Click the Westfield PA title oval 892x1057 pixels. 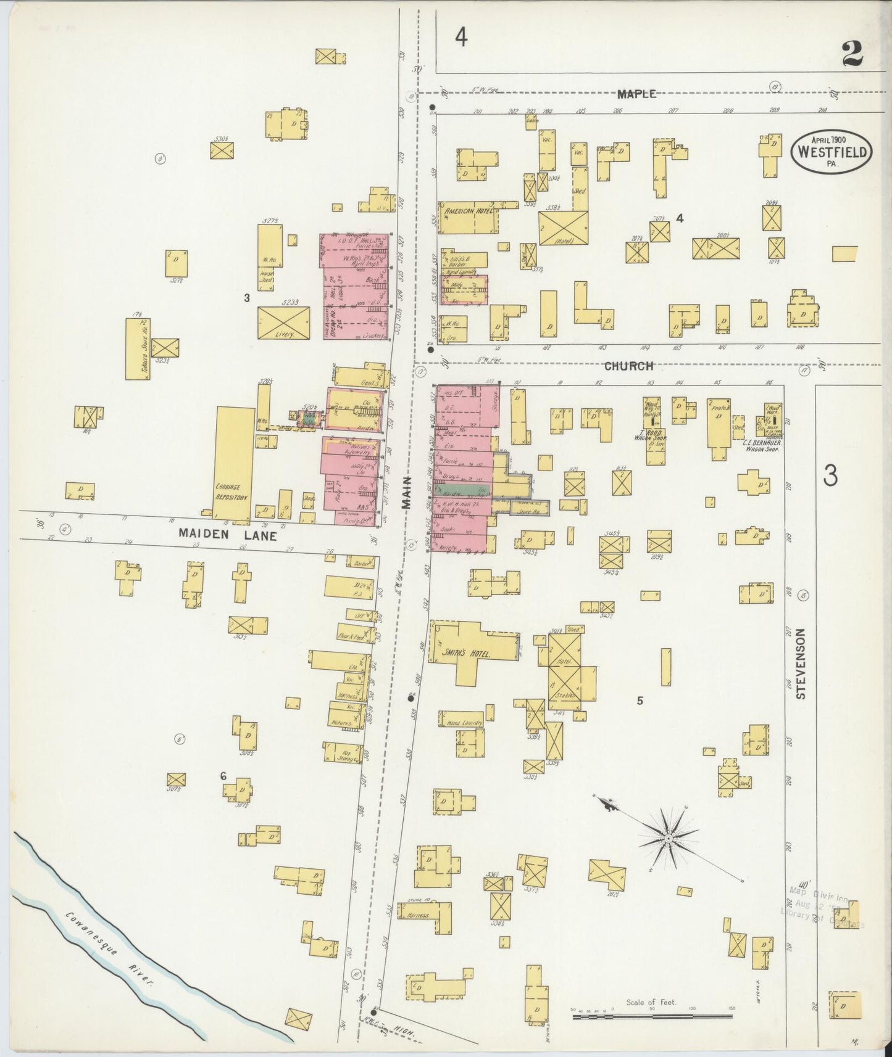(832, 151)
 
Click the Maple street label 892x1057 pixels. (636, 94)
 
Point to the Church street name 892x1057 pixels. (628, 366)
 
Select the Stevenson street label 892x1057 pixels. (801, 664)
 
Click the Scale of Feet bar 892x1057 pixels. (651, 1015)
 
